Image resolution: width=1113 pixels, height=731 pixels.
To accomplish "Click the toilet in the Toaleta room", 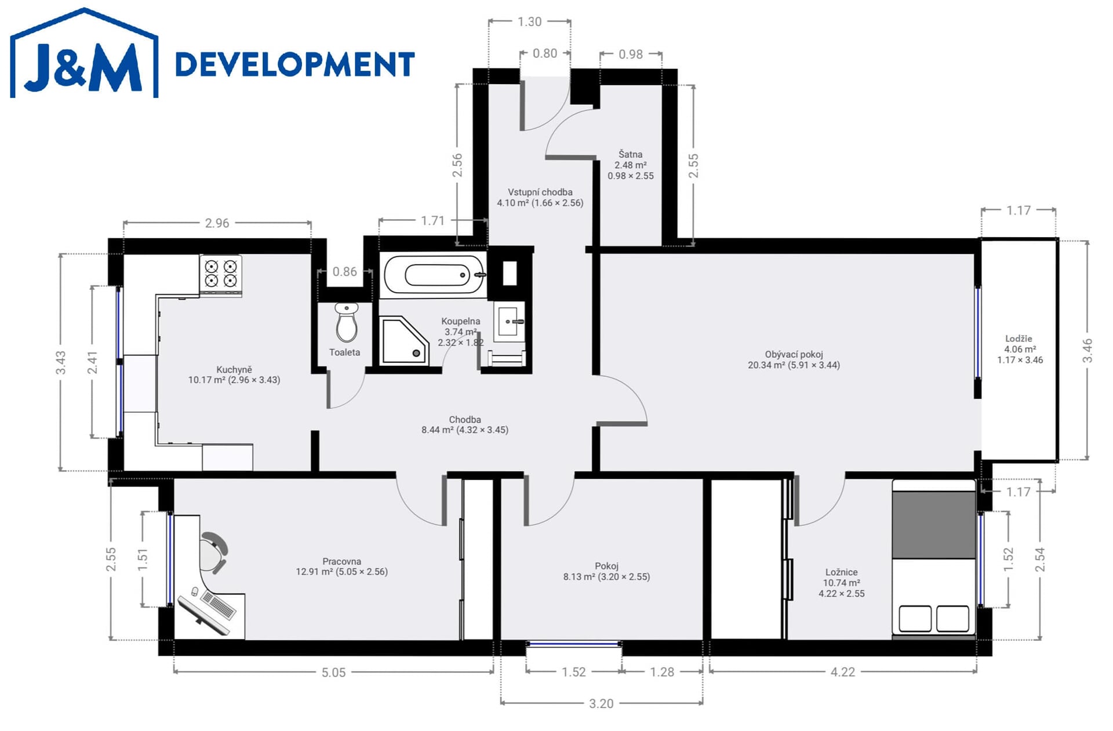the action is click(x=347, y=323).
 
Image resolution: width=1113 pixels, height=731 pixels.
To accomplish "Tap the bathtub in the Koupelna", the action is click(x=434, y=275).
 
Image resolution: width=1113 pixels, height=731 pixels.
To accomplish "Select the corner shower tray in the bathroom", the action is click(x=404, y=341).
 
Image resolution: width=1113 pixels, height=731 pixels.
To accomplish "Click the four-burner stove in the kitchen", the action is click(x=221, y=274).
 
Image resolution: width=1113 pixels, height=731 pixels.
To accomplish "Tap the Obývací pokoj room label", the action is click(x=794, y=359).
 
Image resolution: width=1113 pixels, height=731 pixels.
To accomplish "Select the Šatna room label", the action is click(x=630, y=165).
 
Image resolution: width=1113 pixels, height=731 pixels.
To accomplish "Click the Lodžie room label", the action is click(x=1020, y=349).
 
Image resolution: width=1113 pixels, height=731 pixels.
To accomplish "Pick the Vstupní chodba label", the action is click(x=540, y=197).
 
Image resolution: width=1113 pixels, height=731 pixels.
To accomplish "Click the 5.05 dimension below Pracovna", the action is click(x=333, y=672).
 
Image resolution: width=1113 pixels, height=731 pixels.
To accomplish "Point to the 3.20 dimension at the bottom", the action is click(x=601, y=704).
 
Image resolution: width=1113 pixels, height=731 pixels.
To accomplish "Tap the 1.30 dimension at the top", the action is click(x=529, y=22).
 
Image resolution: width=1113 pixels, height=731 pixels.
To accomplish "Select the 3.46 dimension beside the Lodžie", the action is click(x=1087, y=351).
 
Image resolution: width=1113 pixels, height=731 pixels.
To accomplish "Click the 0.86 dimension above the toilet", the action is click(x=344, y=271).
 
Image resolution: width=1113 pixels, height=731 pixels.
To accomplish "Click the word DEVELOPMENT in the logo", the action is click(x=295, y=64).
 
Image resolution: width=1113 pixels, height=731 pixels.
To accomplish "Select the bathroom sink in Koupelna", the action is click(x=510, y=321).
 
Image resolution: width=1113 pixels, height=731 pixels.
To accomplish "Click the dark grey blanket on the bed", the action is click(x=933, y=525).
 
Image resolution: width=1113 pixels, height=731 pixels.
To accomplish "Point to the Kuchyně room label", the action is click(x=234, y=374).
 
